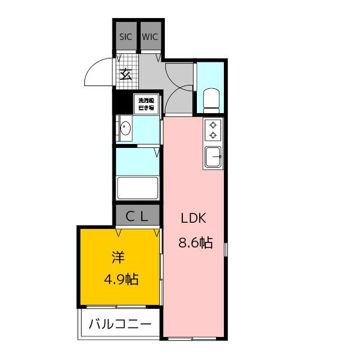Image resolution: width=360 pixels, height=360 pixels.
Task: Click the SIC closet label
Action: click(125, 37)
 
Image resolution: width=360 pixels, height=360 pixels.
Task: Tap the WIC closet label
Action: click(150, 37)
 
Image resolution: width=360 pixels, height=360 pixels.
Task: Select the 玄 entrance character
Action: click(127, 74)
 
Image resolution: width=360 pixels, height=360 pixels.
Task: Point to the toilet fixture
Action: click(212, 99)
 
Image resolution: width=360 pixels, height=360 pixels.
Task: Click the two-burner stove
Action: click(214, 130)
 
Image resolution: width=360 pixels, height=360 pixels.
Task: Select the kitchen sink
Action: click(214, 156)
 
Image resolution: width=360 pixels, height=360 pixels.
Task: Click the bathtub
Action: click(138, 187)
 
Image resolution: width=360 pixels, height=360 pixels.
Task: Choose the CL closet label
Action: click(138, 215)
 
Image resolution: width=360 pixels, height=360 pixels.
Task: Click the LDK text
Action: click(195, 219)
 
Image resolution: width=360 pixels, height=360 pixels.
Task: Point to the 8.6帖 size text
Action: click(195, 243)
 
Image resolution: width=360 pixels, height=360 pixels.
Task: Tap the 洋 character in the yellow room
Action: click(118, 257)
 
